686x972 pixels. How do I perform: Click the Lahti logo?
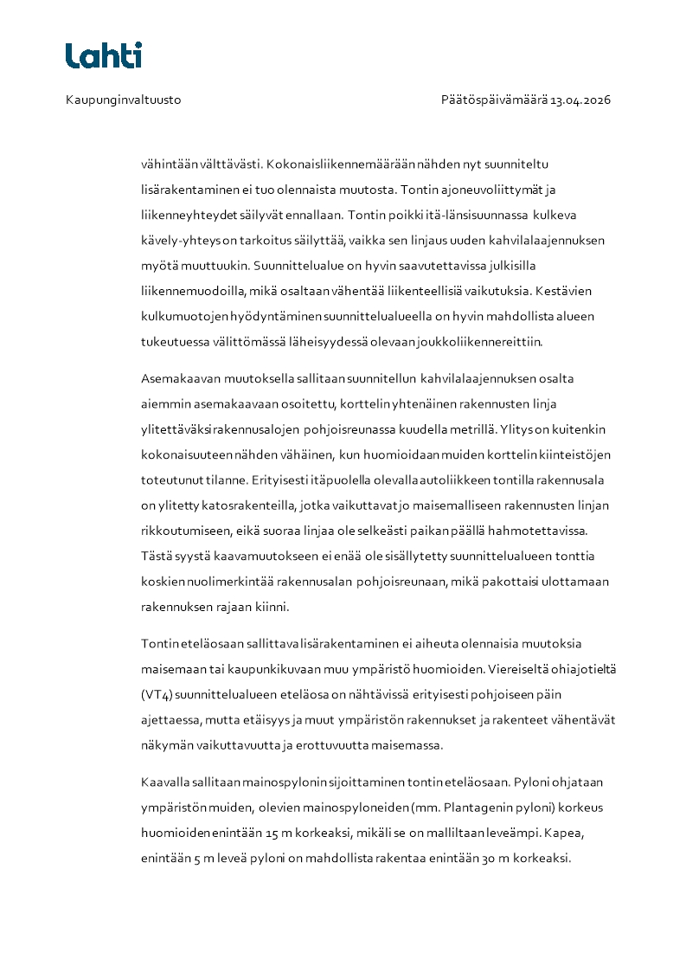point(104,55)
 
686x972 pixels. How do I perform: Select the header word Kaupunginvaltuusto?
point(124,100)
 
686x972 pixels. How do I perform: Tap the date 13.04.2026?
point(580,100)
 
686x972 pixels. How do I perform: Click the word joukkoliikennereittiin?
point(484,342)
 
